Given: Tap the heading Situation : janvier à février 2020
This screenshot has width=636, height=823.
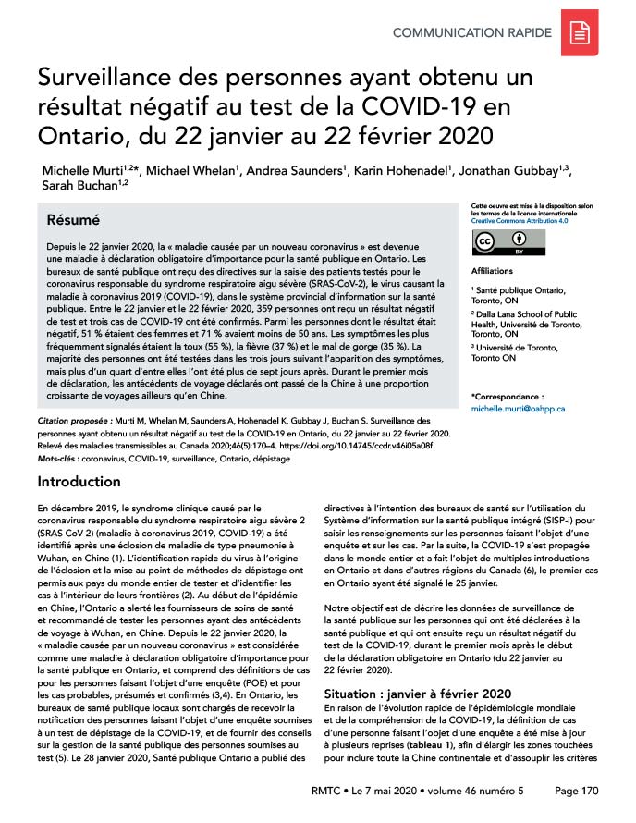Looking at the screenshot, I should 414,694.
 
